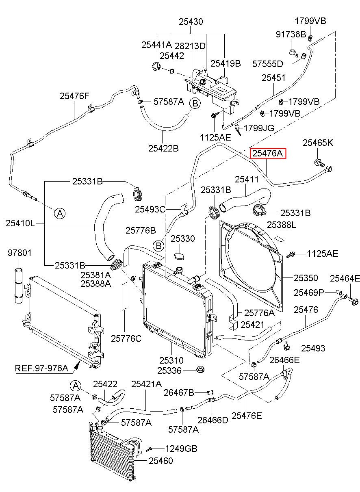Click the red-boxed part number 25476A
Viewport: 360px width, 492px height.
[x=267, y=153]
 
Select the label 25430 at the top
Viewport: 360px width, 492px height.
[x=191, y=22]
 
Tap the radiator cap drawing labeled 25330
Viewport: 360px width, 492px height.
[x=179, y=256]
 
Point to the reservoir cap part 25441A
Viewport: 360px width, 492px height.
[x=156, y=66]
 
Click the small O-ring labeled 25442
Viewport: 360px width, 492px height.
[x=172, y=71]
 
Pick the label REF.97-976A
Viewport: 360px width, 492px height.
[x=41, y=368]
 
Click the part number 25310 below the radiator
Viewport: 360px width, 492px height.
[x=171, y=360]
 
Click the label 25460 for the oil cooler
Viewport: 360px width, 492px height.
[x=161, y=461]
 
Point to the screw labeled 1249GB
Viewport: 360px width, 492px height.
[x=150, y=449]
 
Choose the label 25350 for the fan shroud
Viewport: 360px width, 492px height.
[x=306, y=278]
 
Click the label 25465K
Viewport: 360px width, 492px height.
[x=318, y=143]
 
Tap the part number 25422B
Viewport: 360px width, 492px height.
[x=163, y=148]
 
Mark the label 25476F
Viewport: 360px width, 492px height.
[x=74, y=96]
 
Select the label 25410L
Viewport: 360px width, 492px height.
[x=20, y=223]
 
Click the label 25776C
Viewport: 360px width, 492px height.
[x=126, y=338]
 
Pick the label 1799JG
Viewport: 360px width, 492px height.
[x=259, y=128]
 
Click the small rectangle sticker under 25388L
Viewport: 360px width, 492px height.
[x=281, y=238]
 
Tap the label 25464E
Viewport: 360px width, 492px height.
[x=345, y=279]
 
